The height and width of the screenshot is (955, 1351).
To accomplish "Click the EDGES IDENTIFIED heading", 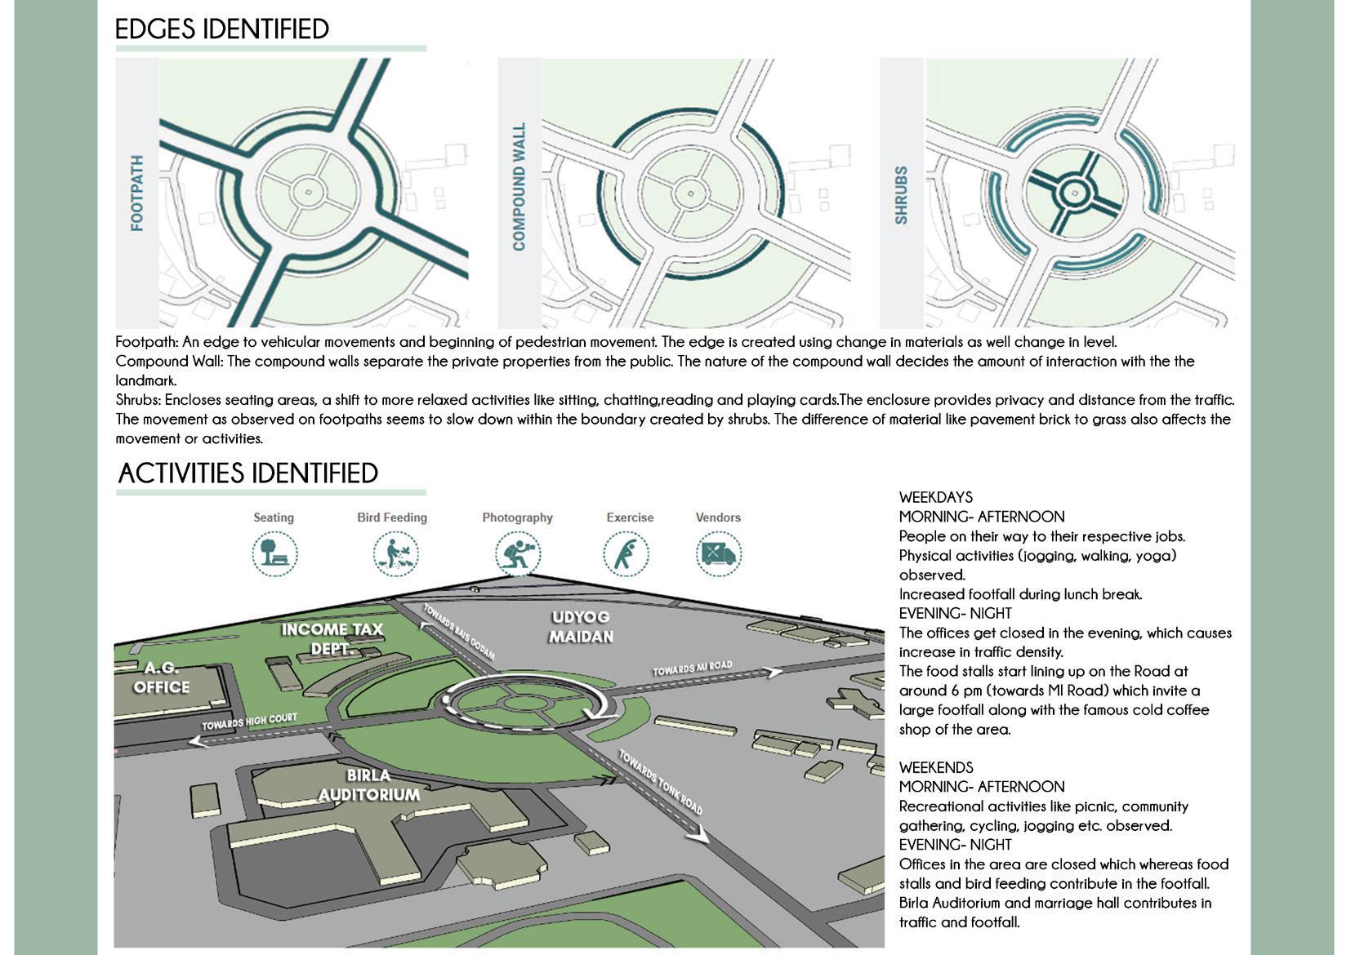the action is pos(221,29).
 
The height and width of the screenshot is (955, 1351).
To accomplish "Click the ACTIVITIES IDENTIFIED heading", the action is pos(247,473).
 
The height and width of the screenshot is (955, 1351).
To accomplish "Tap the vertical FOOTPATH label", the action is pos(137,193).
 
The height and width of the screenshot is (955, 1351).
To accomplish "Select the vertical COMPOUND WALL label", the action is pos(519,187).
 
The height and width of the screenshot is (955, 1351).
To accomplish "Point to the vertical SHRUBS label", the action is pos(901,195).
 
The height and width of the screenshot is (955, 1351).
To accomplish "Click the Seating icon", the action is pos(274,554).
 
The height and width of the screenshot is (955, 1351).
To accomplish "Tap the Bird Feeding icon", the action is pos(395,554).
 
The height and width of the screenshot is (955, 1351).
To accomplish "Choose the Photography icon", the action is pos(517,554).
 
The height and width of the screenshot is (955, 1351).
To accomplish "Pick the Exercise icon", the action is pos(626,554).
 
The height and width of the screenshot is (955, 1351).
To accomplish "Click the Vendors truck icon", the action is pos(718,554).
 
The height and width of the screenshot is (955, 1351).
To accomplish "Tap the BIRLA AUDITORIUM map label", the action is pos(369,785).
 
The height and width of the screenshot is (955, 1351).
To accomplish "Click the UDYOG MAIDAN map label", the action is pos(581,627).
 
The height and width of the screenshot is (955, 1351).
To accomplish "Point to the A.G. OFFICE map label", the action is pos(162,677).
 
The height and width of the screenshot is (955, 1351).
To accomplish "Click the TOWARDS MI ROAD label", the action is pos(692,668).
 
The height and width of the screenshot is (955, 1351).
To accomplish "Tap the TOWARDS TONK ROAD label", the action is pos(660,782).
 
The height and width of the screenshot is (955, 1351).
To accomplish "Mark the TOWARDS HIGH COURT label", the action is pos(250,722).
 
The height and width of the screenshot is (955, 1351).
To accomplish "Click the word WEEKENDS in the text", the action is pos(936,767).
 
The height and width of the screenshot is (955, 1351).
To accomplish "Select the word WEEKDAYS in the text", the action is pos(936,497).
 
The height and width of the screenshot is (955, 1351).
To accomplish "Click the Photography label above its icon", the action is pos(517,517).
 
